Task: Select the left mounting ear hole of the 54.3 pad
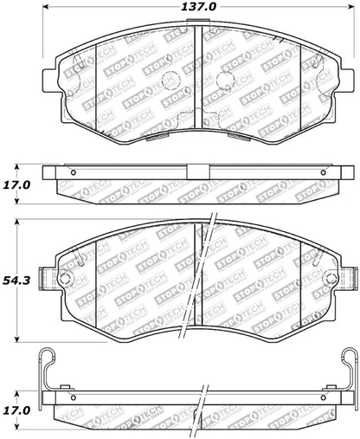coord(64,278)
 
